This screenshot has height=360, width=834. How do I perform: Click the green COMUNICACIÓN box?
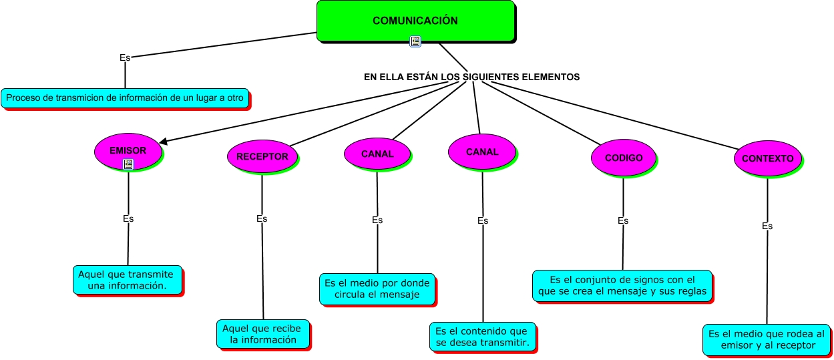coord(415,21)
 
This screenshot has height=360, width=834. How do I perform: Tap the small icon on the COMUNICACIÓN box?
coord(415,41)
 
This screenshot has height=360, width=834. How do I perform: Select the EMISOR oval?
coord(128,151)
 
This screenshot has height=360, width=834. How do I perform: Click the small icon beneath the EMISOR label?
coord(128,164)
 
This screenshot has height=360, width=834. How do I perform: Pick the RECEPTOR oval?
coord(262,157)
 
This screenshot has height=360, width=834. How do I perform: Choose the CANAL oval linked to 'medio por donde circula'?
coord(377,154)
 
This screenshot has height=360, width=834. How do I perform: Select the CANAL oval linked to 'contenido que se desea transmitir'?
coord(482,152)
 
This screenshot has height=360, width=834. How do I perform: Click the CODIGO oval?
coord(624,158)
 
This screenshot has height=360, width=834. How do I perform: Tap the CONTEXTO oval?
coord(767,159)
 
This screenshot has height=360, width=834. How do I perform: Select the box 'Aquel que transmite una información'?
coord(127,280)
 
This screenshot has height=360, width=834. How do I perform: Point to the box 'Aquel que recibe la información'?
coord(263,334)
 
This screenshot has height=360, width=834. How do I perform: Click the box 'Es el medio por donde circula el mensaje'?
coord(377,289)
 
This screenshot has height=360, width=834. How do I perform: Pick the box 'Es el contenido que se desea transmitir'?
coord(482,337)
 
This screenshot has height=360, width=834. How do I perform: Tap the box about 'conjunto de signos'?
coord(622,286)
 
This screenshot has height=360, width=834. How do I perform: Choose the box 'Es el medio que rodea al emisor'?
coord(767,339)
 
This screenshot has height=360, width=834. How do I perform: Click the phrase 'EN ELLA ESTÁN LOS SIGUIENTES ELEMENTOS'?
coord(471,77)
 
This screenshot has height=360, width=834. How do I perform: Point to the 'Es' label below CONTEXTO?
coord(767,226)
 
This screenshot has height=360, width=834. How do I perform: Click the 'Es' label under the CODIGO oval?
coord(623,221)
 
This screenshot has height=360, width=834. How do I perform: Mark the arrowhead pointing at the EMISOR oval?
coord(163,141)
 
